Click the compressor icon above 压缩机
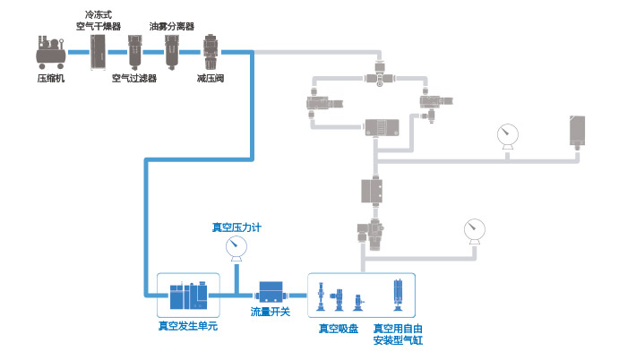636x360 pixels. point(50,52)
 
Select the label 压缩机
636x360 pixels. point(50,78)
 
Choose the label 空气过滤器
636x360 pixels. point(134,78)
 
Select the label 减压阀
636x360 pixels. point(211,78)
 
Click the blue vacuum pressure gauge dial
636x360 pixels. point(236,246)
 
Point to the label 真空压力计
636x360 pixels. point(236,227)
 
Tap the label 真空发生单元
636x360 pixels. point(187,326)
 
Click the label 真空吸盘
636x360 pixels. point(338,328)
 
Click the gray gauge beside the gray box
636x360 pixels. point(508,134)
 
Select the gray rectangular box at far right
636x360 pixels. point(577,132)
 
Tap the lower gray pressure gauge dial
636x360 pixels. point(473,229)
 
